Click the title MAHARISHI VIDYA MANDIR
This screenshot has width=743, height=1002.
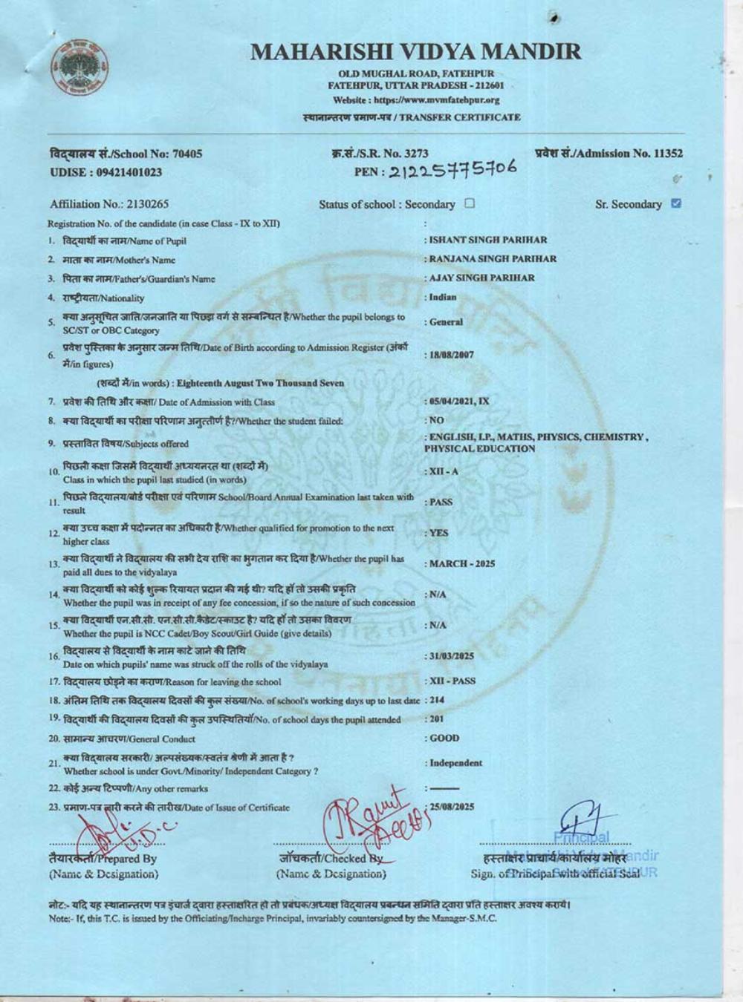click(x=415, y=51)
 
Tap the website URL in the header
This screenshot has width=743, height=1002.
click(x=416, y=99)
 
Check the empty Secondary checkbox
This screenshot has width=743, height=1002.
click(x=469, y=203)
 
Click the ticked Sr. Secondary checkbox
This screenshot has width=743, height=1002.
click(x=675, y=203)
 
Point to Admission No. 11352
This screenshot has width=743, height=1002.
click(x=609, y=154)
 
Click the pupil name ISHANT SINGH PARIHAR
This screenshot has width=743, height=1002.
click(x=487, y=240)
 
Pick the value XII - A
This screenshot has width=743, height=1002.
click(x=444, y=471)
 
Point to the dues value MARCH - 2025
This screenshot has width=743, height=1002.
click(x=461, y=563)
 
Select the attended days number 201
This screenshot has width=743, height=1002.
click(x=438, y=718)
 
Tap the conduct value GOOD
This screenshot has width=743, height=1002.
click(x=444, y=739)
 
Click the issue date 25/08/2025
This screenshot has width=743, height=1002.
click(x=452, y=806)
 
